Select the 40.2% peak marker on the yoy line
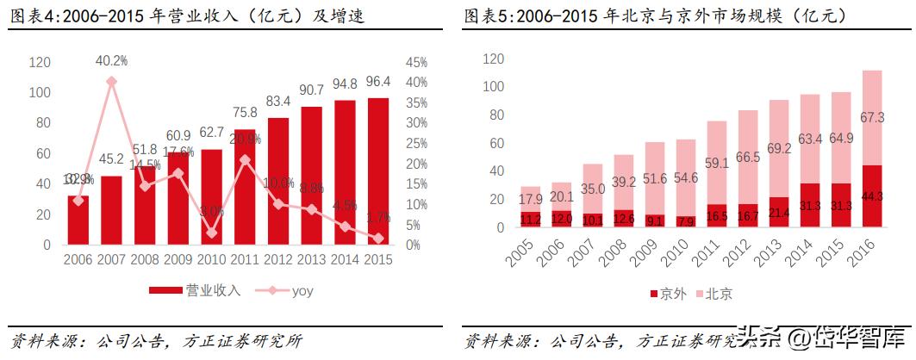111,82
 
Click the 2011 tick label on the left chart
246,258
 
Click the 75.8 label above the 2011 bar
246,112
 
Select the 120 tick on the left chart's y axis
40,63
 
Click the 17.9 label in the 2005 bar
530,199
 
